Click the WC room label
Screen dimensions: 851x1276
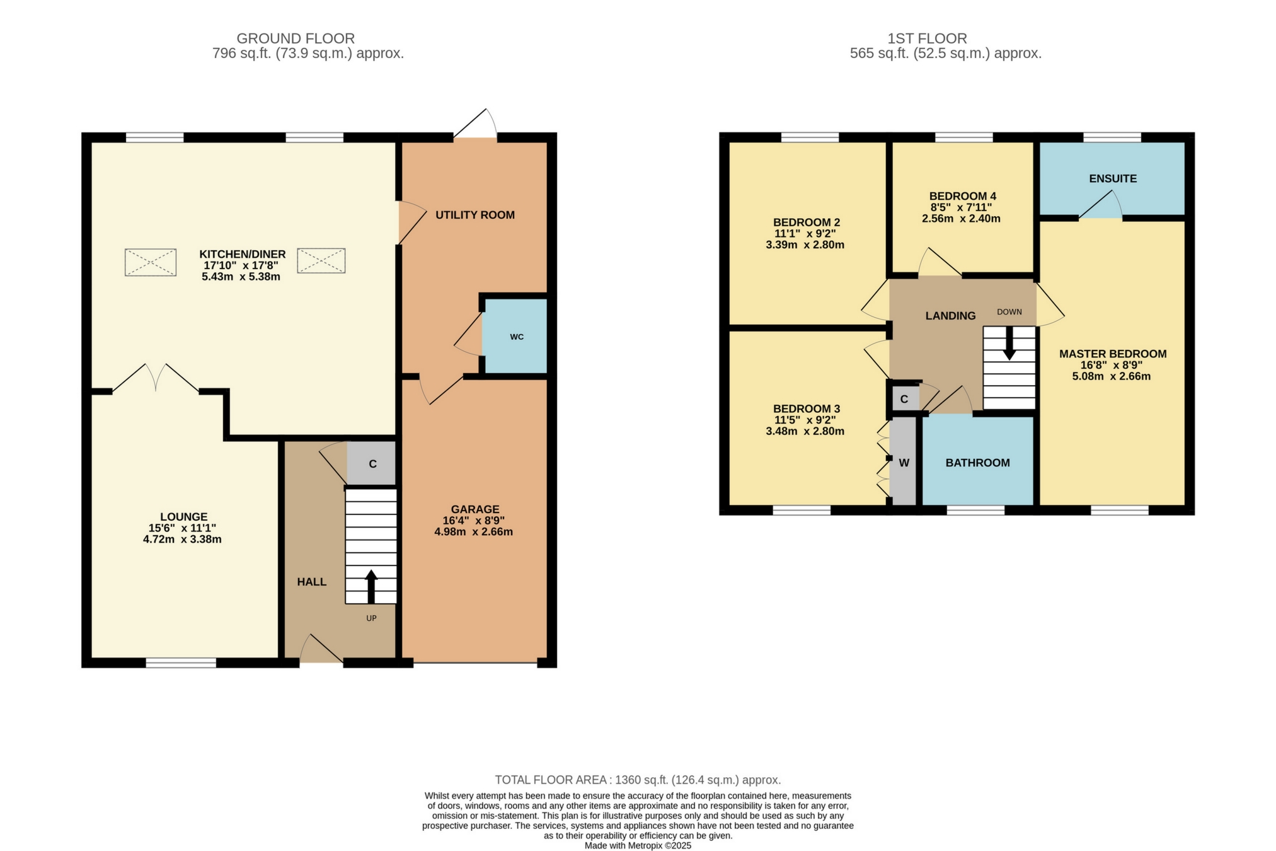coord(517,337)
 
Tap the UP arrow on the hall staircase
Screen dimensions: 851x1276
coord(371,586)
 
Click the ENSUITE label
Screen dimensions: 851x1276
coord(1113,178)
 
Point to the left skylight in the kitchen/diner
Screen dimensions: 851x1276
coord(150,262)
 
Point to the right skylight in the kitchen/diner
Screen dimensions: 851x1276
coord(321,260)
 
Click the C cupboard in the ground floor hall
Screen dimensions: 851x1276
coord(372,464)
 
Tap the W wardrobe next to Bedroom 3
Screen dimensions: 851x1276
coord(904,463)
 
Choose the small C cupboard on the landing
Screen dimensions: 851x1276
coord(904,399)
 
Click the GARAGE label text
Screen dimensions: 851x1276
coord(474,509)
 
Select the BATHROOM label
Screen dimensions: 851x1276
coord(977,463)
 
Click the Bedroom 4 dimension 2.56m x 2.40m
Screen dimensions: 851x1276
coord(961,219)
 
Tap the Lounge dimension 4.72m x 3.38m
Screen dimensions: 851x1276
coord(182,540)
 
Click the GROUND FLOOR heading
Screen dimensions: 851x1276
coord(296,38)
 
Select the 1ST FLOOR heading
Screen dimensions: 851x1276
coord(927,38)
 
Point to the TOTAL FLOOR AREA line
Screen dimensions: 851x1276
coord(638,780)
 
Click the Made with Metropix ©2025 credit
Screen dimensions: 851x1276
coord(638,845)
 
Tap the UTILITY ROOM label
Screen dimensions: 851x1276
coord(475,215)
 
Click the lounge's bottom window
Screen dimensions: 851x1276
coord(181,663)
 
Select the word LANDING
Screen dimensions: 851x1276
coord(950,316)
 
